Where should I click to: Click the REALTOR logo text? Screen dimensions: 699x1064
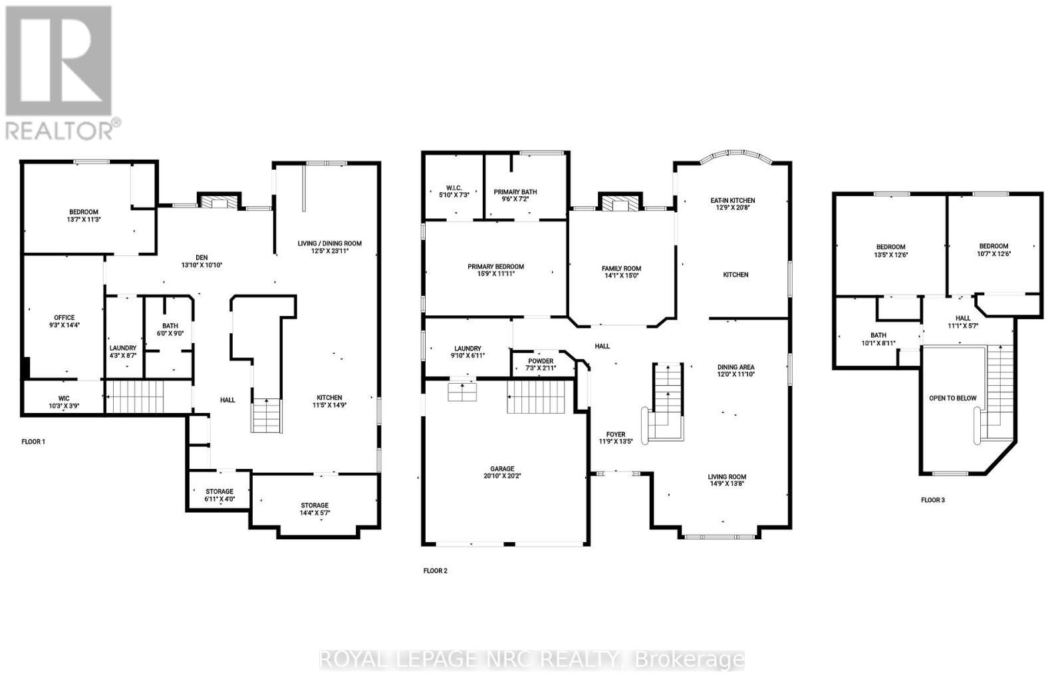63,128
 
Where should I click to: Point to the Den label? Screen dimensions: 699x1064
201,260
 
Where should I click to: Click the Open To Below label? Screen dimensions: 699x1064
952,398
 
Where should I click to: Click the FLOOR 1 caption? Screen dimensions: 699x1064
33,442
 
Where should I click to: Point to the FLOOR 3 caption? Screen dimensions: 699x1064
932,499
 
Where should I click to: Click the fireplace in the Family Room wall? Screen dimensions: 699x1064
620,203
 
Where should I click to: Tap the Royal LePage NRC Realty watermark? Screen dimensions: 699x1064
532,660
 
